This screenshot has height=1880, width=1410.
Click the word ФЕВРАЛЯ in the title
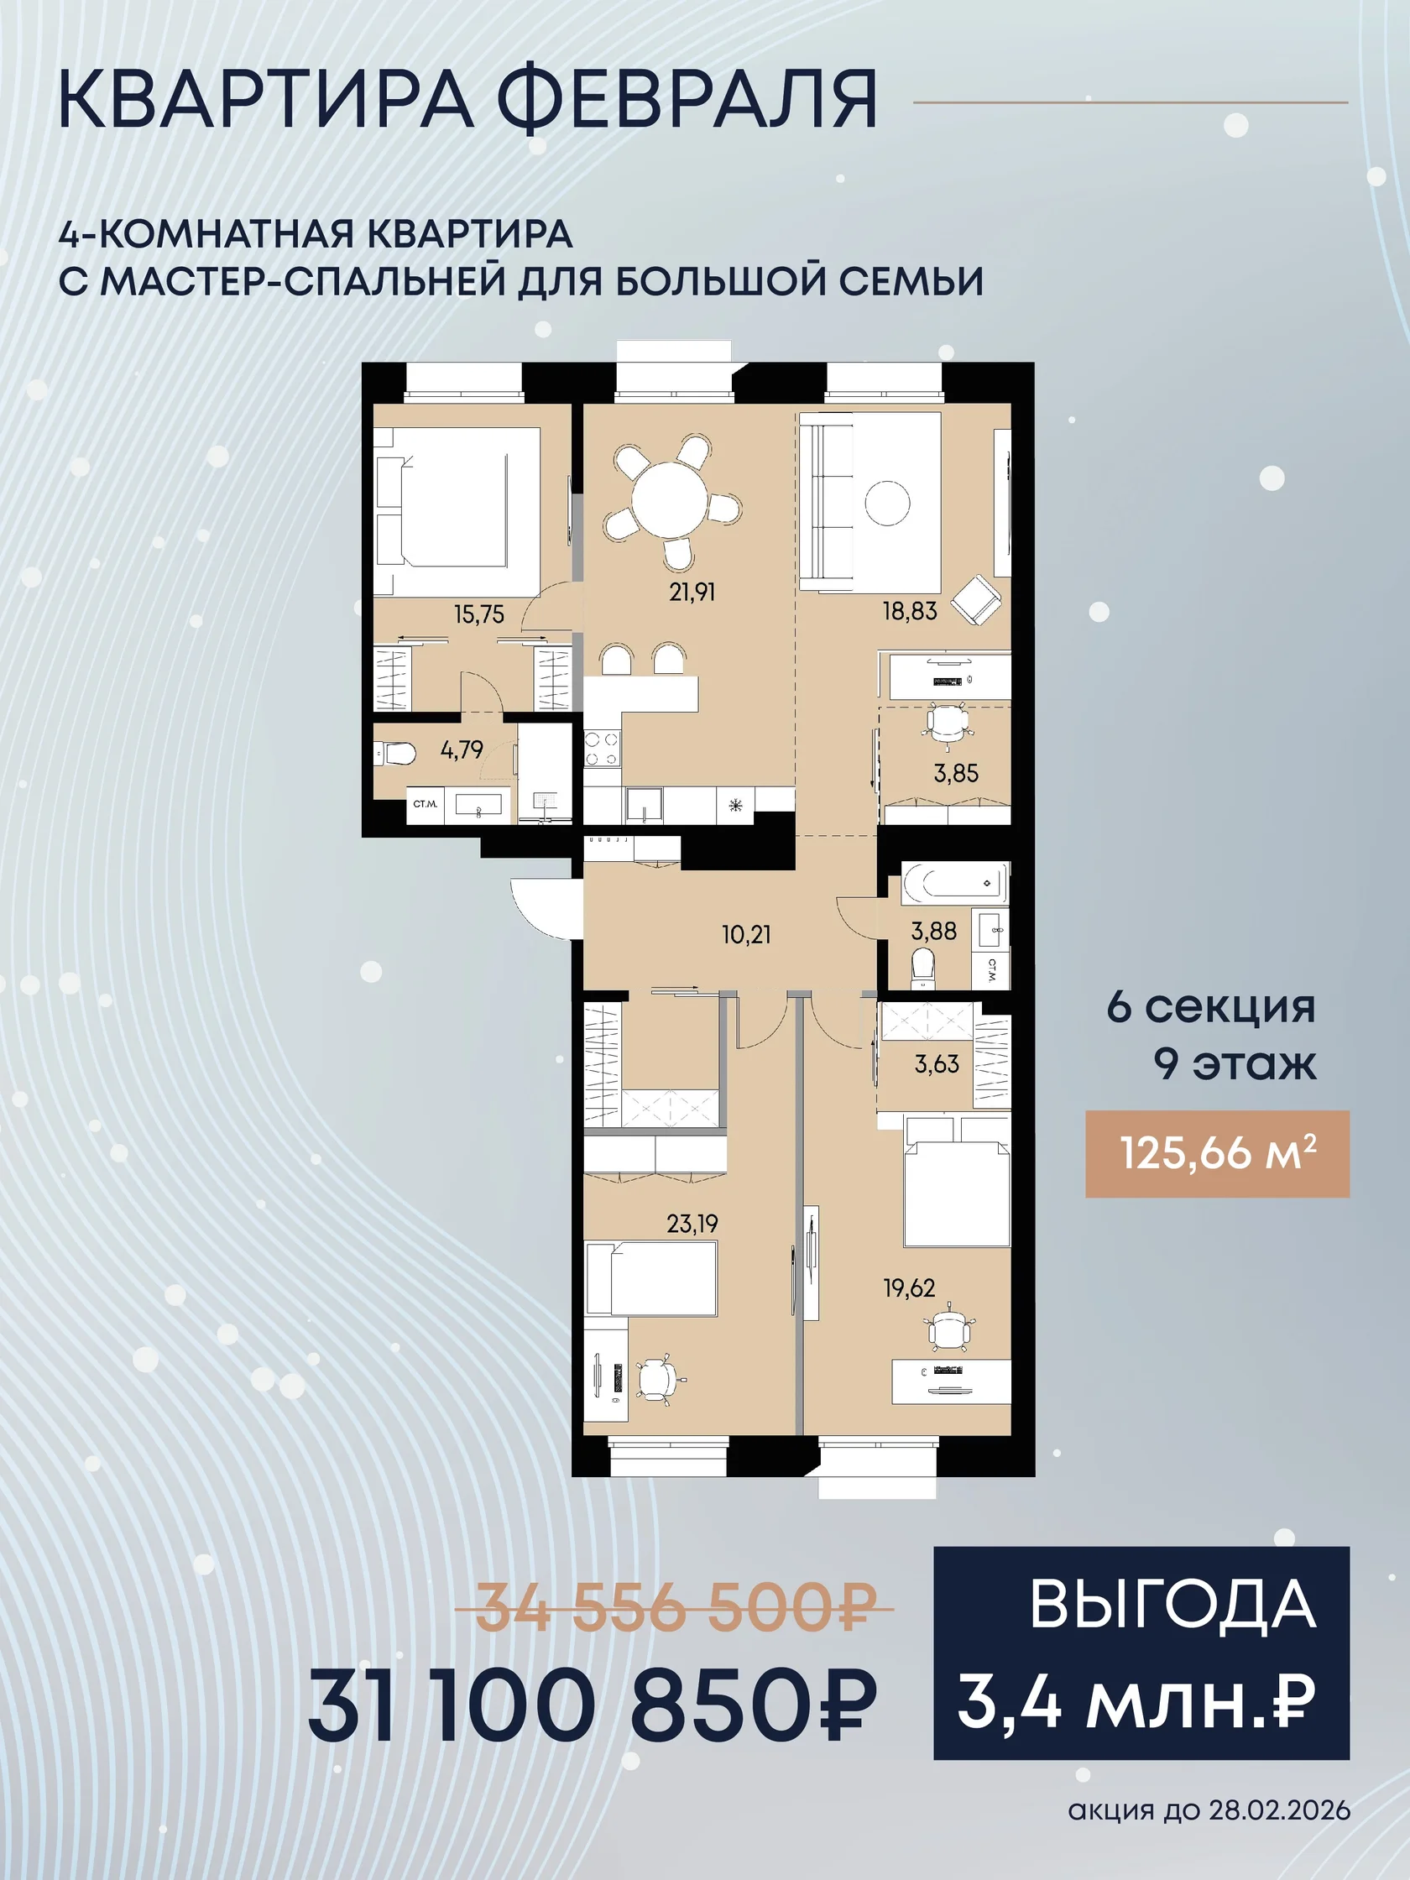687,99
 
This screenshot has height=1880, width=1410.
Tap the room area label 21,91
692,592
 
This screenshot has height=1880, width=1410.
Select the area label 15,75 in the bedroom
478,614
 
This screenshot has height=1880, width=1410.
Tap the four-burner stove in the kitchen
602,749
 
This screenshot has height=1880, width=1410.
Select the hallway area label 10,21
746,935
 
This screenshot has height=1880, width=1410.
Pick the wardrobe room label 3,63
937,1064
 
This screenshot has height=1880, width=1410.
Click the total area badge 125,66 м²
1217,1153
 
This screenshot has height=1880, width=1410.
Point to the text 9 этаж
1234,1063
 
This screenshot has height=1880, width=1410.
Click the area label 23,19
692,1224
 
